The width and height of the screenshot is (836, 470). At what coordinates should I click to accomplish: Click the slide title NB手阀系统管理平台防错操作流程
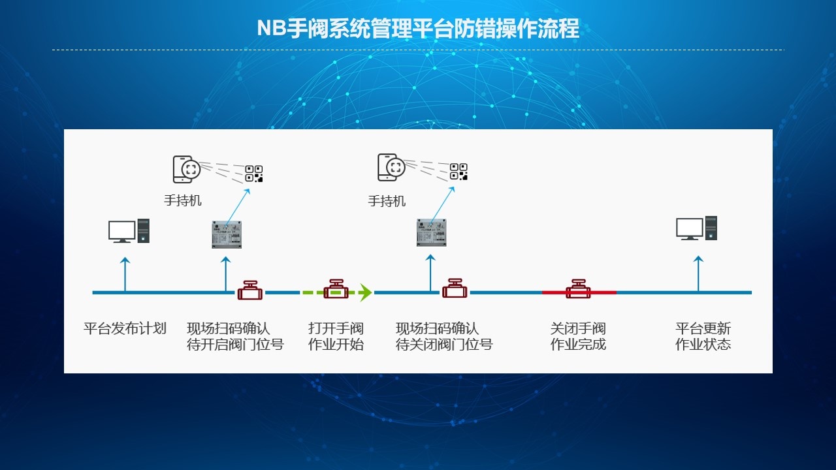pos(418,28)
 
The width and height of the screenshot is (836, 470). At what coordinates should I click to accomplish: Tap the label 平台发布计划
pos(125,328)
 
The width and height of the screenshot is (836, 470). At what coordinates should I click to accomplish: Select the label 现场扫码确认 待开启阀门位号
pos(235,336)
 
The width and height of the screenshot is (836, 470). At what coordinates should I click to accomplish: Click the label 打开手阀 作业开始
pos(336,336)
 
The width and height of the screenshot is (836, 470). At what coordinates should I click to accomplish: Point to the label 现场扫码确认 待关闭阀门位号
pos(444,336)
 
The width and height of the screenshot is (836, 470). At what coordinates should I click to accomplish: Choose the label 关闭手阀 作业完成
pos(578,336)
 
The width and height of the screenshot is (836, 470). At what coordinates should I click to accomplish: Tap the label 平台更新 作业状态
pos(703,336)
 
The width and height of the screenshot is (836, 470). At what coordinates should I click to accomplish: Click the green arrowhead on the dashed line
pos(365,292)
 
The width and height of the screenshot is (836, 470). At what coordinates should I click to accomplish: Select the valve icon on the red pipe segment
pos(578,289)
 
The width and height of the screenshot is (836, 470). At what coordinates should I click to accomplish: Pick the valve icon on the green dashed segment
pos(336,289)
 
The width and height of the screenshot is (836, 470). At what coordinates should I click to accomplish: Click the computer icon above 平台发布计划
pos(129,231)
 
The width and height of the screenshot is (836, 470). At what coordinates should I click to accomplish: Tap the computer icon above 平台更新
pos(697,228)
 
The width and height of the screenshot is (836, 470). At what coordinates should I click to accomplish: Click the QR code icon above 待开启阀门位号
pos(254,174)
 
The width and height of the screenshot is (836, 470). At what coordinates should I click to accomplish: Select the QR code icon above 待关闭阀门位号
pos(458,172)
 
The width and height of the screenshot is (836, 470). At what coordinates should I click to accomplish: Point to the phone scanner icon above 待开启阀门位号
pos(187,169)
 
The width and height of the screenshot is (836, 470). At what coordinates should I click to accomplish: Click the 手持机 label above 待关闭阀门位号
pos(387,202)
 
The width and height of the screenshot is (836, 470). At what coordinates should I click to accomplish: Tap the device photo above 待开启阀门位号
pos(227,234)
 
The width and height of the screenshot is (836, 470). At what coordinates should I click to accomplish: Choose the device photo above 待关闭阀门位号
pos(432,232)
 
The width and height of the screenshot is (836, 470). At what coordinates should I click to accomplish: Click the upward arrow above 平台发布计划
pos(125,274)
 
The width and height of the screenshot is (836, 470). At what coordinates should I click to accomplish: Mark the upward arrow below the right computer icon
pos(698,274)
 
